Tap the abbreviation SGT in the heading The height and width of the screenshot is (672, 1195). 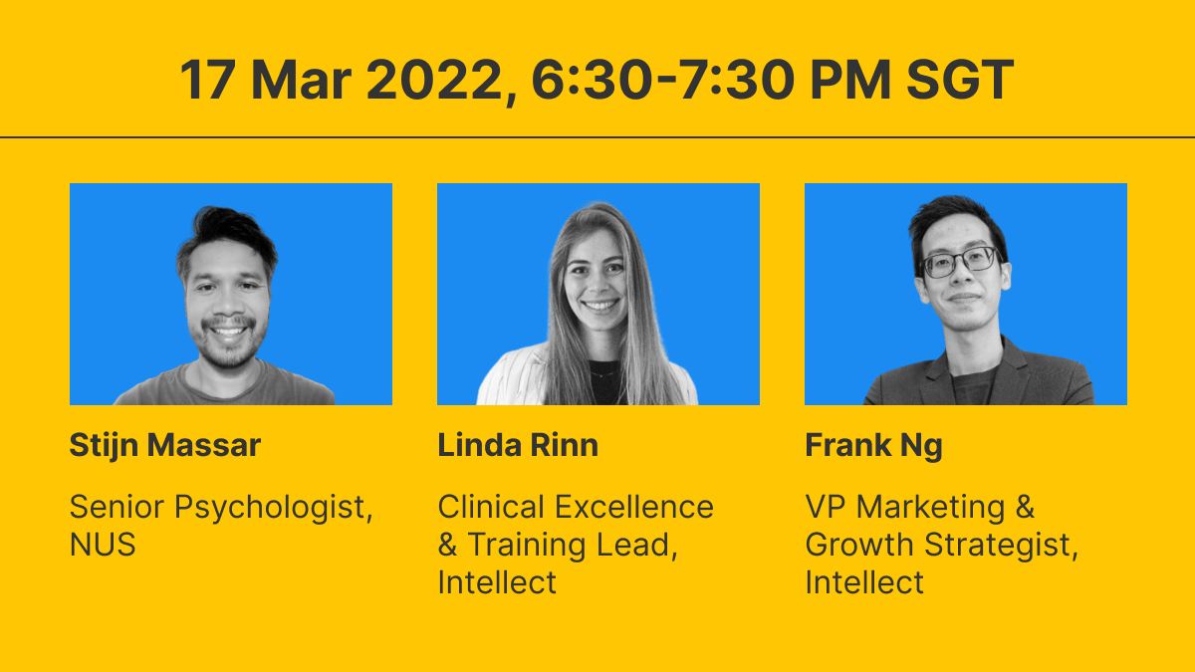click(960, 80)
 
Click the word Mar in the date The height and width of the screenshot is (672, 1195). click(301, 80)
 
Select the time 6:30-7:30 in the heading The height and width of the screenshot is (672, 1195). click(663, 80)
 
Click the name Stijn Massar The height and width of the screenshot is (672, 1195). click(165, 445)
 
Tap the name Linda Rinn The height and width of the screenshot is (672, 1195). click(518, 445)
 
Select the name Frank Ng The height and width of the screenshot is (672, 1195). click(873, 446)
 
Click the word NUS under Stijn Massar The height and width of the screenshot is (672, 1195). click(103, 545)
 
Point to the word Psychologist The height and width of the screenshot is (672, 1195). click(274, 507)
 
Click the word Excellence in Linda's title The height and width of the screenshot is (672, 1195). click(634, 506)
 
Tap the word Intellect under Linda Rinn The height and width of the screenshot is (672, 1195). click(497, 581)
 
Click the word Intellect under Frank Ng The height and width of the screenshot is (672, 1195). click(864, 581)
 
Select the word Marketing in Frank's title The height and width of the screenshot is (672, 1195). click(931, 507)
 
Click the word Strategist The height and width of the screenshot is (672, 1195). click(1001, 546)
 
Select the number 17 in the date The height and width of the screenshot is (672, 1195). click(207, 80)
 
